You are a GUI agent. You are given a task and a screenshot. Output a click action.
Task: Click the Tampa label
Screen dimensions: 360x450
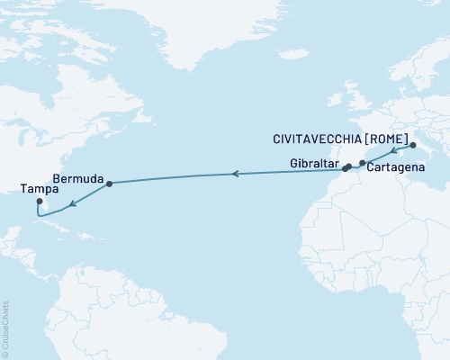click(35, 190)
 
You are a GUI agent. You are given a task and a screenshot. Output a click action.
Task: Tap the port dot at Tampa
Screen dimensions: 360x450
click(39, 202)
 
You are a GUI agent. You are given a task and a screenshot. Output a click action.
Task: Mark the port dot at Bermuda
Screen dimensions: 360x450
click(109, 184)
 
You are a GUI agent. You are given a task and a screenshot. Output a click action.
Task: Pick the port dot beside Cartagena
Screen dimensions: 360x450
click(362, 163)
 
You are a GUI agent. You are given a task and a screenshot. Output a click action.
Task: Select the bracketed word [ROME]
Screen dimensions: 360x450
click(392, 139)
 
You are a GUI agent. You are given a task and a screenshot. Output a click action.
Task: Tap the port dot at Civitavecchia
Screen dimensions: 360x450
click(412, 145)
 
